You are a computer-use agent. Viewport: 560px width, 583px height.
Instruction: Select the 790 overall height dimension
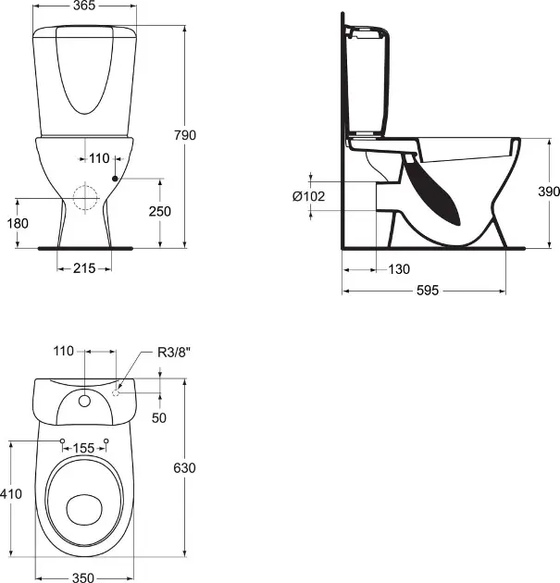pyautogui.click(x=186, y=135)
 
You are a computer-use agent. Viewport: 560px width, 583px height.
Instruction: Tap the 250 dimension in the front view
pyautogui.click(x=162, y=212)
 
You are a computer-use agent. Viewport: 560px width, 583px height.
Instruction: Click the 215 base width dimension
pyautogui.click(x=85, y=268)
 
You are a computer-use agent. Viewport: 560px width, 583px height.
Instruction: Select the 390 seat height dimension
pyautogui.click(x=524, y=192)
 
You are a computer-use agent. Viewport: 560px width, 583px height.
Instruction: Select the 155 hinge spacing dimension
pyautogui.click(x=84, y=448)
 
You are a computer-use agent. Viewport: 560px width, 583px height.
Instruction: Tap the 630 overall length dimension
pyautogui.click(x=185, y=468)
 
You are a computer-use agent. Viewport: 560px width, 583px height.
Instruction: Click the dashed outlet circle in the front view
pyautogui.click(x=85, y=199)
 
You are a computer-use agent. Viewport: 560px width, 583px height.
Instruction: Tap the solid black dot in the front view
pyautogui.click(x=114, y=178)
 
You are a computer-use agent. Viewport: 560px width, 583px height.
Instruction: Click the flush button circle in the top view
pyautogui.click(x=85, y=401)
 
